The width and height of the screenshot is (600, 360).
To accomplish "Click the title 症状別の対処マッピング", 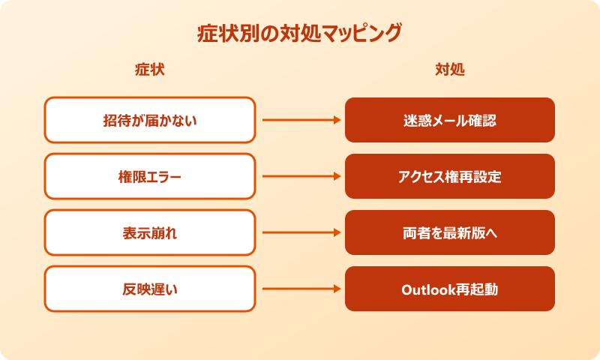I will (300, 34).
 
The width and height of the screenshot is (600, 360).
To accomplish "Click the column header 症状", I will (149, 70).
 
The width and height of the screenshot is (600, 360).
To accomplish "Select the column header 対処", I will (450, 70).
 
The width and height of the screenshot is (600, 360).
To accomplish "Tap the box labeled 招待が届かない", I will (150, 120).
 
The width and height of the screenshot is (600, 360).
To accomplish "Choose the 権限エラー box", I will (150, 176).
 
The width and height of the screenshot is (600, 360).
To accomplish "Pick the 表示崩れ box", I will (150, 232).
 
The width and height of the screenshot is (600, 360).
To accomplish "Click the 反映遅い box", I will (150, 289).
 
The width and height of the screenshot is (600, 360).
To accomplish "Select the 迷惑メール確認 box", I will (450, 120).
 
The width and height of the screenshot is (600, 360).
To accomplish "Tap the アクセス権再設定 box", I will (450, 176).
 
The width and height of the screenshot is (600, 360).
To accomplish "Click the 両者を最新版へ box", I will (450, 232).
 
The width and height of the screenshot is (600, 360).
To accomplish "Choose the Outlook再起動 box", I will (450, 289).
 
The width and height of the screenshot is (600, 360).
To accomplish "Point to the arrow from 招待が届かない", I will (300, 120).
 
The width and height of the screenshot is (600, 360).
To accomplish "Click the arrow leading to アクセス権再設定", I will (300, 176).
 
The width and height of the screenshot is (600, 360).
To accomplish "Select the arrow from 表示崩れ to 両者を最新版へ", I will (300, 232).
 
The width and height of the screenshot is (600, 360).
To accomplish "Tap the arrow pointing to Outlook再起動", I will (300, 289).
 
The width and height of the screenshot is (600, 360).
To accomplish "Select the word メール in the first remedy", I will (449, 120).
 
